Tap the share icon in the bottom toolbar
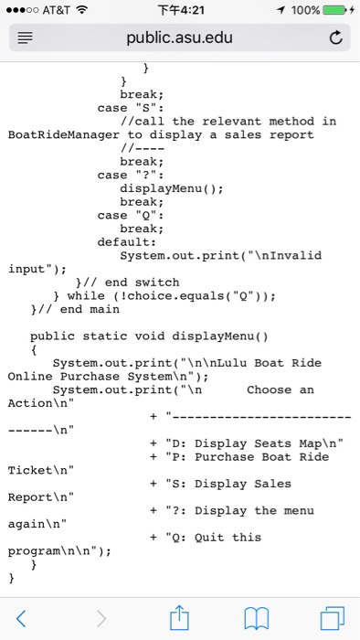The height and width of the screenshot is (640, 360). coord(179,618)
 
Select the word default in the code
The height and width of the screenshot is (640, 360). coord(127,242)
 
